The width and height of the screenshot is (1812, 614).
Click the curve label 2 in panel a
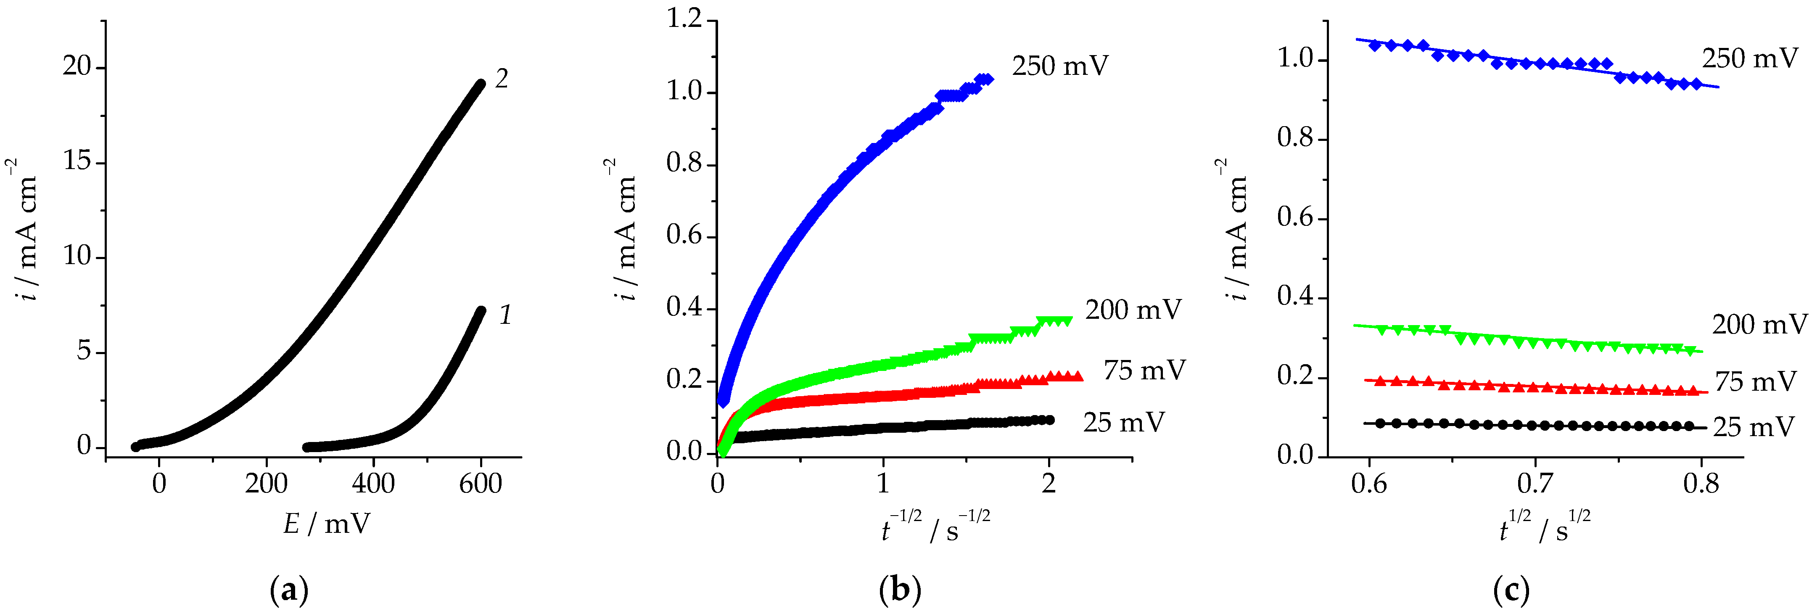click(501, 79)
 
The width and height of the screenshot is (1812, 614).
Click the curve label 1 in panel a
click(505, 315)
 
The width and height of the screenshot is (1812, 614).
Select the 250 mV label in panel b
click(1060, 66)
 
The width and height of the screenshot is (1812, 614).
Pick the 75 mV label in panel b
click(1144, 370)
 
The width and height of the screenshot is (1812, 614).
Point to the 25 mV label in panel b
click(1123, 423)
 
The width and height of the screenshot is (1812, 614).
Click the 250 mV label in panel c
click(1749, 58)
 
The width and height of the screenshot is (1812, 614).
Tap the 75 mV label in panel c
click(1755, 382)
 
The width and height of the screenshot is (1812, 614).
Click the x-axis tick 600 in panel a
click(481, 484)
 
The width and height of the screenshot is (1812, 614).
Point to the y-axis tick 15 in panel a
click(77, 162)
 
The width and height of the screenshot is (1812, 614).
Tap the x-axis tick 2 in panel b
click(1048, 484)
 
